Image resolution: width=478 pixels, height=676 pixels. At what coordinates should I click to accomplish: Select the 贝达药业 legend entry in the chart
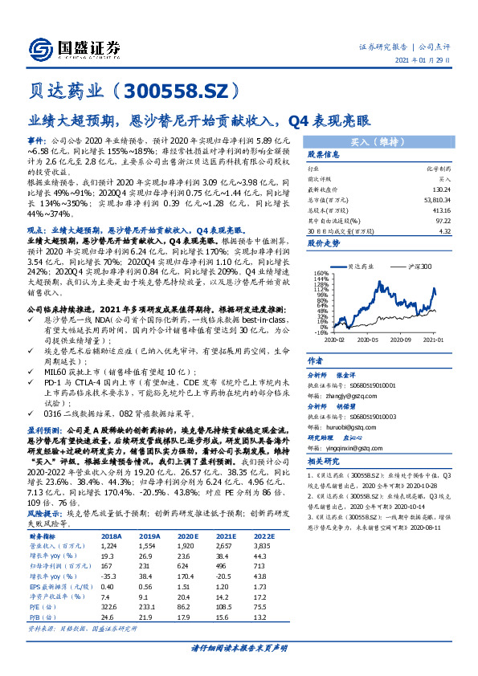click(363, 266)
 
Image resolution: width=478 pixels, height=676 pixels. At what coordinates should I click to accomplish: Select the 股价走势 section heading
click(325, 242)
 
